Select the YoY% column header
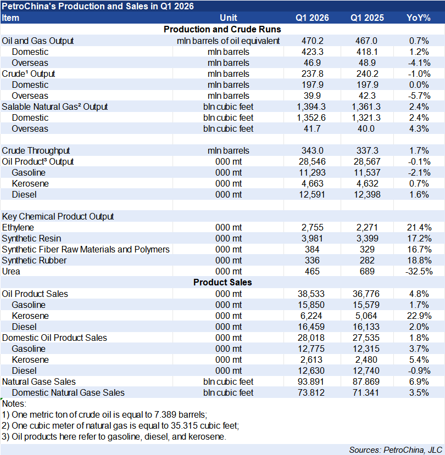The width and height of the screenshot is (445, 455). (418, 18)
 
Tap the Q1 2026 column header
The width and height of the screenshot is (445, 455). (312, 18)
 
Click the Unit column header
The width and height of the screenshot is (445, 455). (228, 18)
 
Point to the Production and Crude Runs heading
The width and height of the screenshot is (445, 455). (222, 29)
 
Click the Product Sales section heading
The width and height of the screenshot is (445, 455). (222, 282)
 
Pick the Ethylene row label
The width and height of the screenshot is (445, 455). (18, 227)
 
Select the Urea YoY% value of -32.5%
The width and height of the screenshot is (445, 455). (418, 271)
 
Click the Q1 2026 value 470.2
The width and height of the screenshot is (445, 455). (312, 41)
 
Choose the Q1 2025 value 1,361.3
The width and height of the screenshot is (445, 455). (365, 106)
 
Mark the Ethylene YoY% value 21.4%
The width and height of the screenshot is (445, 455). (418, 227)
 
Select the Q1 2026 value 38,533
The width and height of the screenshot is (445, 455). (312, 294)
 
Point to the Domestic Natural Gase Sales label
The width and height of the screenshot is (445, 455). (68, 392)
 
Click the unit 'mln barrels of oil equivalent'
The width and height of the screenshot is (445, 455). (228, 41)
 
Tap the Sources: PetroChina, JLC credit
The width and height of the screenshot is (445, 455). (388, 450)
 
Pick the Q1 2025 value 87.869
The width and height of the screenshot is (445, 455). (365, 381)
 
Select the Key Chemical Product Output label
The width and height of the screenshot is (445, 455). (58, 216)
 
